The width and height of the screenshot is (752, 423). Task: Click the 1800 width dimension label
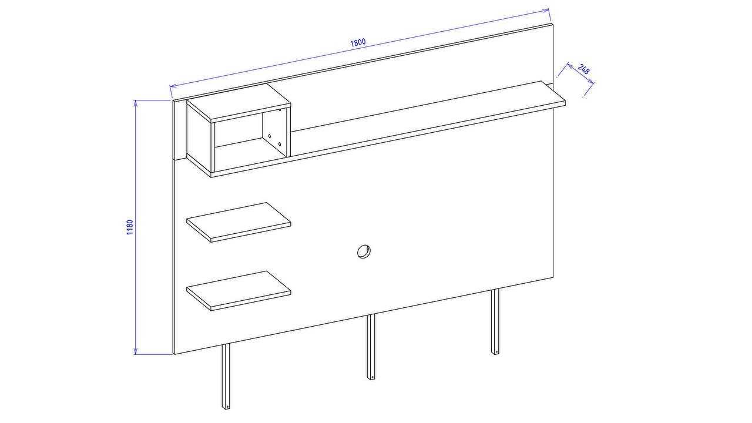[x=358, y=42]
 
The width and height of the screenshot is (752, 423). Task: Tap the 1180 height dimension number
[x=130, y=227]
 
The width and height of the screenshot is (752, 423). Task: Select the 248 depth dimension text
[x=584, y=69]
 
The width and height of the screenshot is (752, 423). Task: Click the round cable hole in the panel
[x=364, y=251]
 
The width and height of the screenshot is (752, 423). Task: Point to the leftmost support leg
[x=226, y=377]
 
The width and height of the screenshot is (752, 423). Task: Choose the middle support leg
[x=371, y=347]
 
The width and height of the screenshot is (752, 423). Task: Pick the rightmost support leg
[x=495, y=321]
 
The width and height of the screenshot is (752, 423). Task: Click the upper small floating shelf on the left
[x=239, y=222]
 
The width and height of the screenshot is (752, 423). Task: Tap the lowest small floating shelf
[x=239, y=291]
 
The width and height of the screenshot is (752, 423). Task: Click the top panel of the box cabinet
[x=239, y=103]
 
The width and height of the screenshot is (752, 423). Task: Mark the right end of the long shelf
[x=565, y=102]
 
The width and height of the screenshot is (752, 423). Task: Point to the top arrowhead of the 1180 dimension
[x=135, y=103]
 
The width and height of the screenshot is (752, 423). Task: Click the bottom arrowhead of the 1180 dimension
[x=135, y=351]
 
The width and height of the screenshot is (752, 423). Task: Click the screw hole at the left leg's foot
[x=227, y=407]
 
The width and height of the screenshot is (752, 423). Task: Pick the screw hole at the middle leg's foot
[x=372, y=377]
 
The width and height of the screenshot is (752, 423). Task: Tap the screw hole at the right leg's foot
[x=496, y=352]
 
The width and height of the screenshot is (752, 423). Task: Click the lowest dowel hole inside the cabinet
[x=279, y=145]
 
